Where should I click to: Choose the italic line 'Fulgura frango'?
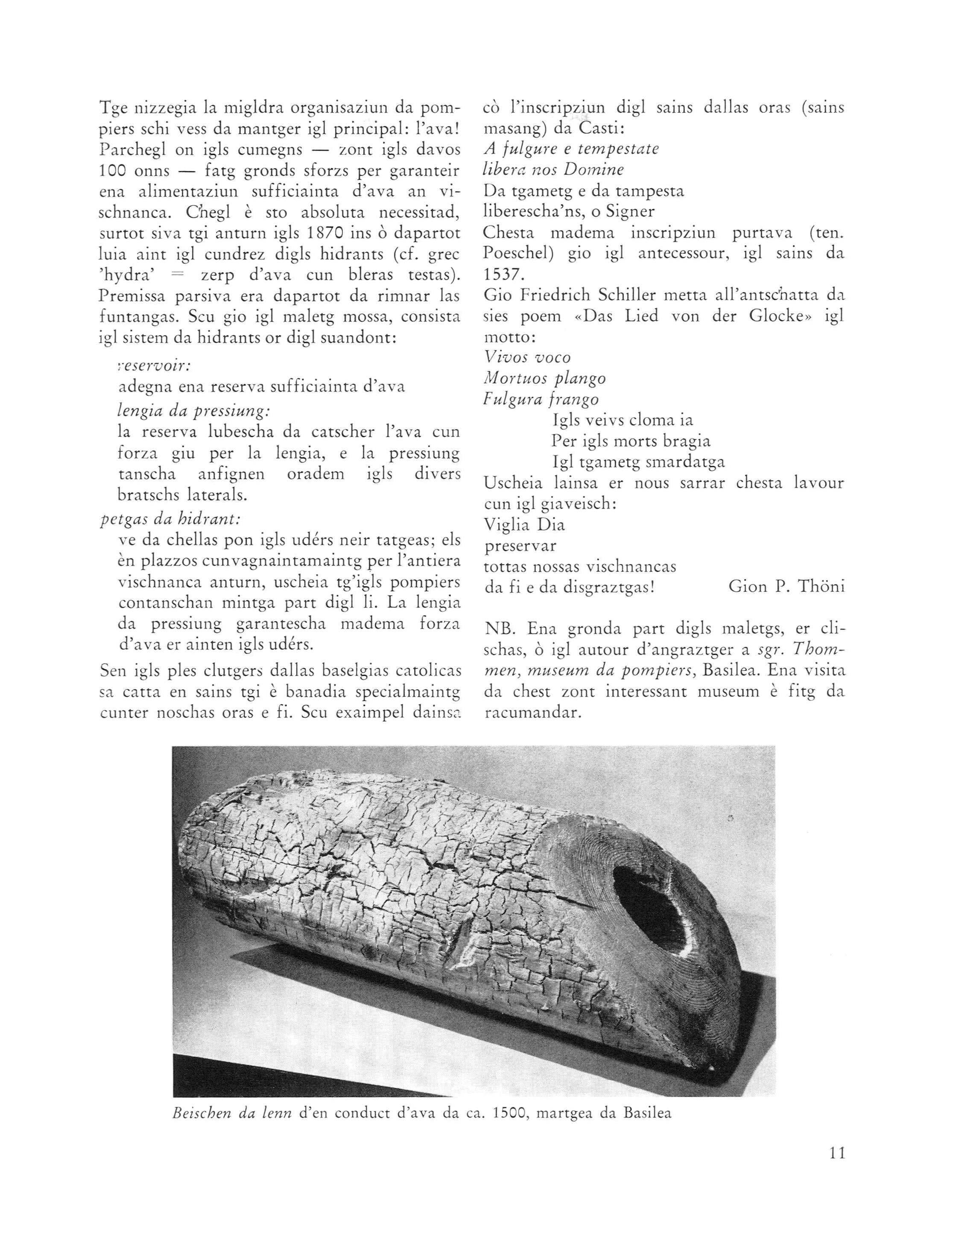pos(541,400)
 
